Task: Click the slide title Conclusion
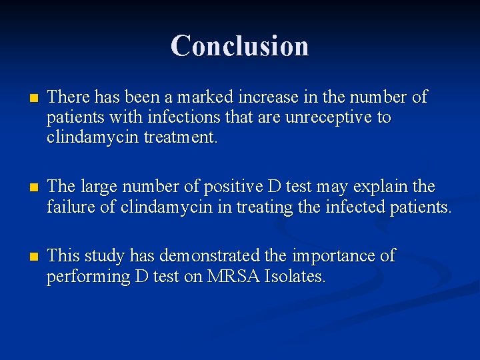pyautogui.click(x=239, y=46)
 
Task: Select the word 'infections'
pyautogui.click(x=182, y=117)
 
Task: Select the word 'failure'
pyautogui.click(x=68, y=207)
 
